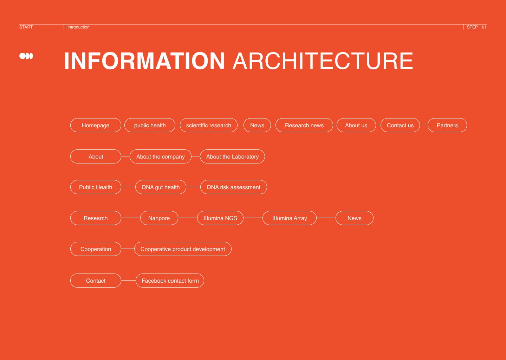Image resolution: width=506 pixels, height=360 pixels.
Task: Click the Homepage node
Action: pyautogui.click(x=96, y=125)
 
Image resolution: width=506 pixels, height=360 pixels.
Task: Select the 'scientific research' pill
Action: pyautogui.click(x=209, y=125)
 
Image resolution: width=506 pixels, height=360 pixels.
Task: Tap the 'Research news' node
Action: pyautogui.click(x=304, y=125)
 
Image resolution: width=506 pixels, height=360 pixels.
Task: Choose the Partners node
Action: pyautogui.click(x=447, y=125)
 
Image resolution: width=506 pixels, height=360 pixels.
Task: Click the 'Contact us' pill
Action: pyautogui.click(x=400, y=125)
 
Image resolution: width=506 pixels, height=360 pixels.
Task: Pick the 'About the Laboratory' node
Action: pyautogui.click(x=232, y=156)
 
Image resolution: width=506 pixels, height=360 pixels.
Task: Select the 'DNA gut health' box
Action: pyautogui.click(x=161, y=187)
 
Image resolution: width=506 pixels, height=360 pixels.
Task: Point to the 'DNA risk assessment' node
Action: pyautogui.click(x=234, y=187)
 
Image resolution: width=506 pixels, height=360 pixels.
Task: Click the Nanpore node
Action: pyautogui.click(x=159, y=218)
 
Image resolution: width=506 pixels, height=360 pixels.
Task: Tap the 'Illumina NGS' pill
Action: pyautogui.click(x=220, y=218)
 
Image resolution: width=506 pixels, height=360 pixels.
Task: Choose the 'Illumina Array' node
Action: pyautogui.click(x=290, y=218)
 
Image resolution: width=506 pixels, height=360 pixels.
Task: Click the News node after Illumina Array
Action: pyautogui.click(x=355, y=218)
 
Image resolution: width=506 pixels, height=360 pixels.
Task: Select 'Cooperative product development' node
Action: pyautogui.click(x=183, y=249)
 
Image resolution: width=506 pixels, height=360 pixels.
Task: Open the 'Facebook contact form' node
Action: pyautogui.click(x=170, y=281)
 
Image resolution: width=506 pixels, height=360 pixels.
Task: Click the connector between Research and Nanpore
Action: pyautogui.click(x=130, y=218)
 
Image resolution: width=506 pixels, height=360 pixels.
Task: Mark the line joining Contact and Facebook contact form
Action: pyautogui.click(x=128, y=281)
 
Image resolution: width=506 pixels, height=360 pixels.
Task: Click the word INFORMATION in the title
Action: pyautogui.click(x=144, y=61)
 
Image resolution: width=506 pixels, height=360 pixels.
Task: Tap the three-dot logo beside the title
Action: pyautogui.click(x=26, y=56)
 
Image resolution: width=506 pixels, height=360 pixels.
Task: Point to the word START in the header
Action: pyautogui.click(x=26, y=27)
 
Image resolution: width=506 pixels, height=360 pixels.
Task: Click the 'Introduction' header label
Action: pyautogui.click(x=78, y=27)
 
